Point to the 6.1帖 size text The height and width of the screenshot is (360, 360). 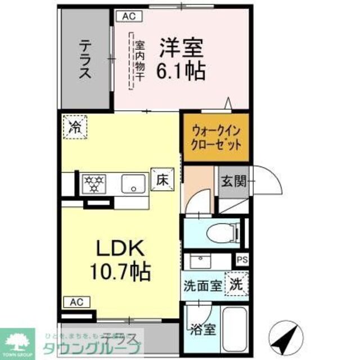click(181, 71)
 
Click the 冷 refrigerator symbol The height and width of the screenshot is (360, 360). click(75, 127)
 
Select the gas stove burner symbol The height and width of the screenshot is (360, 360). click(94, 183)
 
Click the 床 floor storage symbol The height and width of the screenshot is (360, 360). click(161, 181)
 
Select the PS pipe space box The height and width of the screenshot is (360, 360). click(242, 260)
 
